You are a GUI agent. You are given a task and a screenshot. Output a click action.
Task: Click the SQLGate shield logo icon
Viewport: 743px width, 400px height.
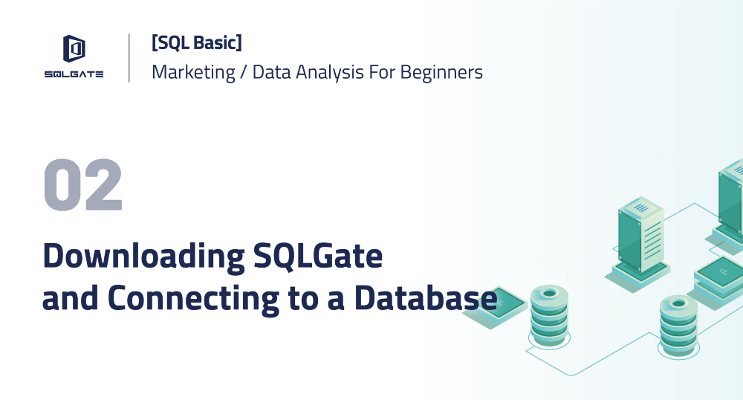pyautogui.click(x=74, y=49)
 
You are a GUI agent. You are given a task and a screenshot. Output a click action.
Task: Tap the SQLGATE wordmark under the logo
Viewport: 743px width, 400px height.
pyautogui.click(x=74, y=74)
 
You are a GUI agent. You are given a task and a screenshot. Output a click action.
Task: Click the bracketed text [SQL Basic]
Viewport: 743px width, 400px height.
pyautogui.click(x=196, y=43)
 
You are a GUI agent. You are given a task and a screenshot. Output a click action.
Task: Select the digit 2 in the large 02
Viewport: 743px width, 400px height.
pyautogui.click(x=102, y=185)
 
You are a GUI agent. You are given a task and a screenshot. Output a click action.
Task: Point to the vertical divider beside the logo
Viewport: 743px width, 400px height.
pyautogui.click(x=129, y=57)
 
